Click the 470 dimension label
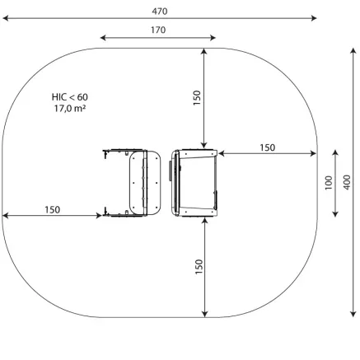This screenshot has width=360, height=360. tap(160, 12)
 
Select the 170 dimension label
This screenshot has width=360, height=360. tap(158, 30)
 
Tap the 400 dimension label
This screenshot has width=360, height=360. tap(347, 182)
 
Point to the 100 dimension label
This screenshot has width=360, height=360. tap(329, 183)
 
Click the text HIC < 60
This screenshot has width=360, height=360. tap(70, 97)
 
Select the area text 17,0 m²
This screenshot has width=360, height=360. tap(69, 109)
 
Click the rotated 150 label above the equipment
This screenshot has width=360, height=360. tap(197, 98)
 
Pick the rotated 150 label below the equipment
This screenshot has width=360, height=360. tap(199, 266)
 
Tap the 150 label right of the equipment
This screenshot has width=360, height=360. tap(268, 147)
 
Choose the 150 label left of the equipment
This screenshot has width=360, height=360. tap(52, 210)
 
